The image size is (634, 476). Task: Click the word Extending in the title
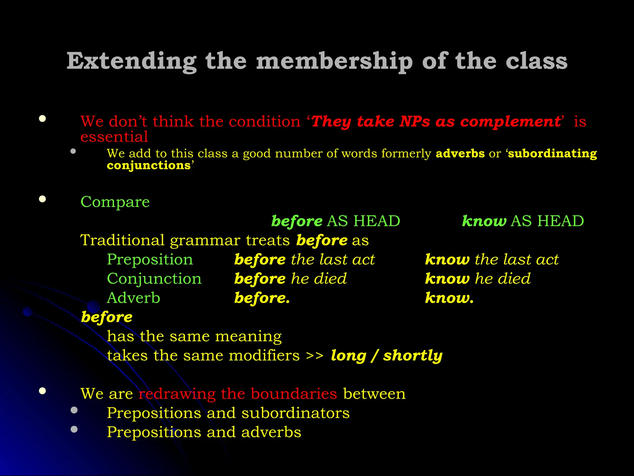tap(132, 61)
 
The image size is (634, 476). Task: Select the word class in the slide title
tap(536, 61)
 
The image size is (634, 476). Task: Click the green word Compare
tap(115, 202)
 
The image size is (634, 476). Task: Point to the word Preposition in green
tap(150, 259)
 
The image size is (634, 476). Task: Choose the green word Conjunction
tap(154, 279)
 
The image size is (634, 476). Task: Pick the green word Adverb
tap(133, 298)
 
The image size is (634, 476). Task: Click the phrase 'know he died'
tap(478, 279)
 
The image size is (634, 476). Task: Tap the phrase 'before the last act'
tap(304, 259)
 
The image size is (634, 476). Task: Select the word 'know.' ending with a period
tap(449, 298)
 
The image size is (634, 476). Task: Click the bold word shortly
tap(413, 355)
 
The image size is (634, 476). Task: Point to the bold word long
tap(348, 355)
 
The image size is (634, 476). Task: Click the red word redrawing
tap(177, 394)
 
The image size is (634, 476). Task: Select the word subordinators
tap(295, 413)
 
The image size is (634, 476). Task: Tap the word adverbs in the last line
tap(271, 432)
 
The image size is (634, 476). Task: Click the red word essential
tap(114, 137)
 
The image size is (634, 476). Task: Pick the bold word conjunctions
tap(149, 165)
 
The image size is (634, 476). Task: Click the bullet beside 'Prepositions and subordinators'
tap(74, 410)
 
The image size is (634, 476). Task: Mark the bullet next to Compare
tap(42, 199)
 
